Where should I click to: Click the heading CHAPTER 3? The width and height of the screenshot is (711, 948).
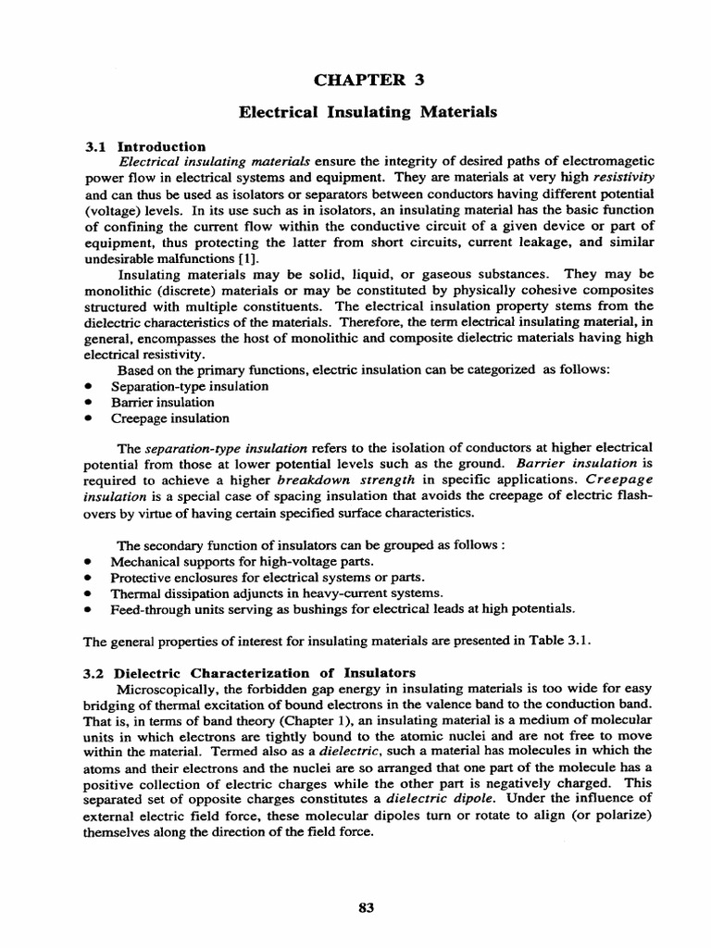[x=368, y=81]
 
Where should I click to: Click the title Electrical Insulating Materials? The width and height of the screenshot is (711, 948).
[x=368, y=112]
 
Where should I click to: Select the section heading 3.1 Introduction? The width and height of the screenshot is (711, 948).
[x=144, y=146]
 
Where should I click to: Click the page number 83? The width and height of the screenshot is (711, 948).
[x=365, y=907]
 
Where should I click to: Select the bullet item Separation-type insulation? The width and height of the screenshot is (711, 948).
[x=190, y=385]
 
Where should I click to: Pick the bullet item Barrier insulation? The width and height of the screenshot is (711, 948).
[x=162, y=402]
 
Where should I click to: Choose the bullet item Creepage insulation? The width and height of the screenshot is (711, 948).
[x=169, y=418]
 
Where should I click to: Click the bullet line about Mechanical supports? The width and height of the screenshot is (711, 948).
[x=243, y=561]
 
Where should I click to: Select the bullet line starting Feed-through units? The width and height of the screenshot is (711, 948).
[x=343, y=608]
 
